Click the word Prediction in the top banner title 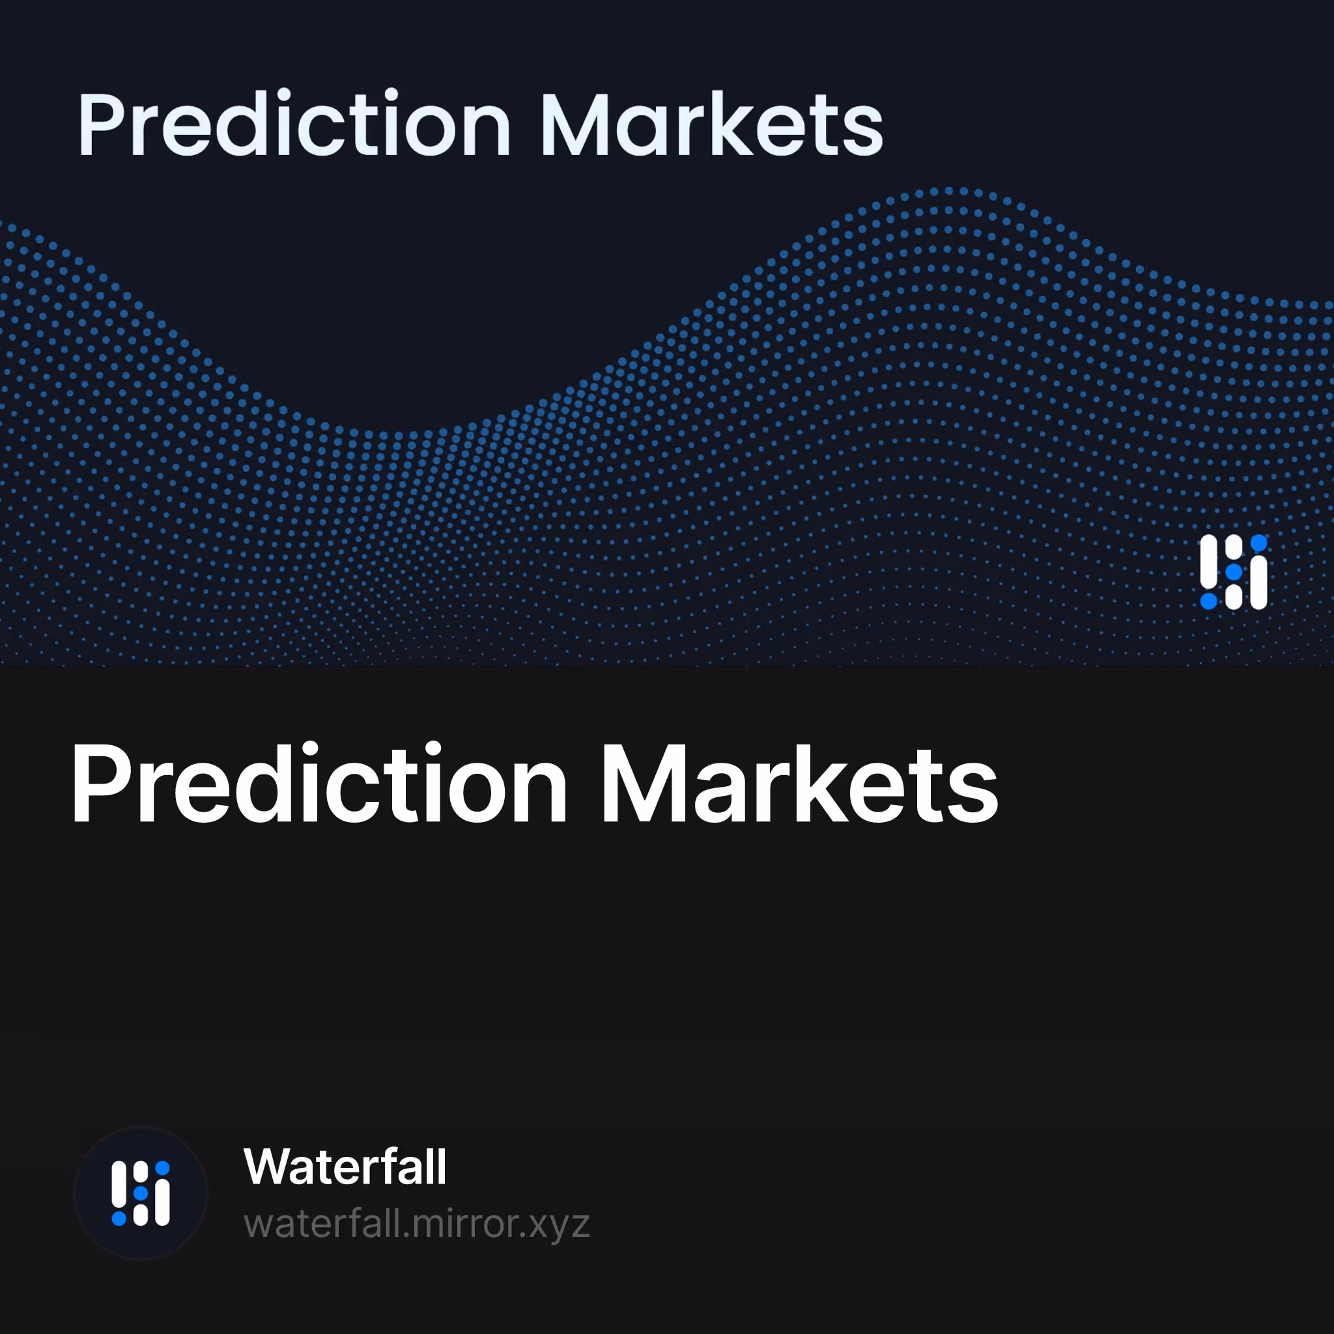(294, 124)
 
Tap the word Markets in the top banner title (712, 124)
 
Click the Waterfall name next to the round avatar (345, 1167)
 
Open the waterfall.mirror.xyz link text (417, 1224)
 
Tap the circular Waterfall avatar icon (141, 1193)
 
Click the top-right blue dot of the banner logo (1258, 543)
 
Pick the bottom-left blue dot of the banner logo (1208, 601)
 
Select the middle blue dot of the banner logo (1234, 573)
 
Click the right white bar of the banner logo (1258, 584)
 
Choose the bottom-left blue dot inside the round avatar (119, 1219)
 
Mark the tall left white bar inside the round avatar (119, 1184)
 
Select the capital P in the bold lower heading (100, 784)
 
